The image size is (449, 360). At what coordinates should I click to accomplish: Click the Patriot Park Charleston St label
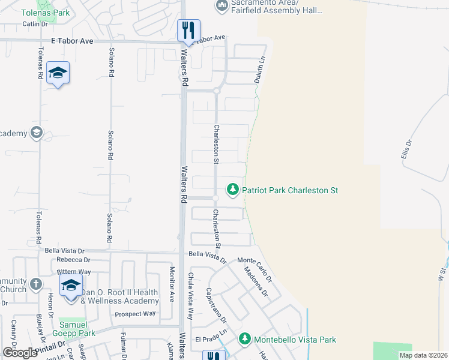pos(290,190)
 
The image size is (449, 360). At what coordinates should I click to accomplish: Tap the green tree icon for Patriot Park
pos(232,190)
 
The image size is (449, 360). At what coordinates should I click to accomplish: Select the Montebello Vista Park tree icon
pos(245,340)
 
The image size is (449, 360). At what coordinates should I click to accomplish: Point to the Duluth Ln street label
pos(261,71)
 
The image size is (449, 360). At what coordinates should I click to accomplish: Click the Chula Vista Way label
pos(190,290)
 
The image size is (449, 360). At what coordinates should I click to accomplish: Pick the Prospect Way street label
pos(135,314)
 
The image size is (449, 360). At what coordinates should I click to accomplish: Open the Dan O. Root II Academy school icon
pos(71,285)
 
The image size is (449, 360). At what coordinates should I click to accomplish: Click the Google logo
pos(20,353)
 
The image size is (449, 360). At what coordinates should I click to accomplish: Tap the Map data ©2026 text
pos(423,355)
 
